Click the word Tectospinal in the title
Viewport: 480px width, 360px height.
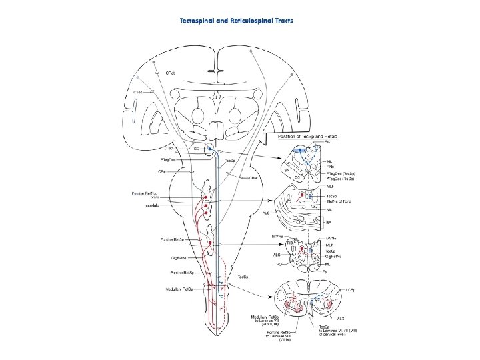pyautogui.click(x=200, y=20)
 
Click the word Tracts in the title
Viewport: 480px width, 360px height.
pyautogui.click(x=280, y=20)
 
